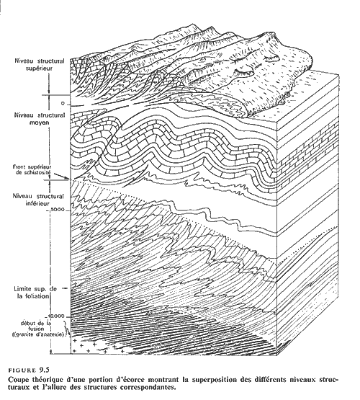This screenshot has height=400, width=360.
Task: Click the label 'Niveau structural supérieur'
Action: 40,65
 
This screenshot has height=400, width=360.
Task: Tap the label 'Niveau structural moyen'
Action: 40,119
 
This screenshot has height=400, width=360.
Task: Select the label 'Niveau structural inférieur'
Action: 38,200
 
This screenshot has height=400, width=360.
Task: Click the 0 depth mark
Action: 63,104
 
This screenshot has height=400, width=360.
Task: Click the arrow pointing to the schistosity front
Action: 61,177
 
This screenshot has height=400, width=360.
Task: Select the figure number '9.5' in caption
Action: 44,370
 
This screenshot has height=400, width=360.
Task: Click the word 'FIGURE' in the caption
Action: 22,370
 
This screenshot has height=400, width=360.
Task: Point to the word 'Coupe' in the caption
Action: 17,380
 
